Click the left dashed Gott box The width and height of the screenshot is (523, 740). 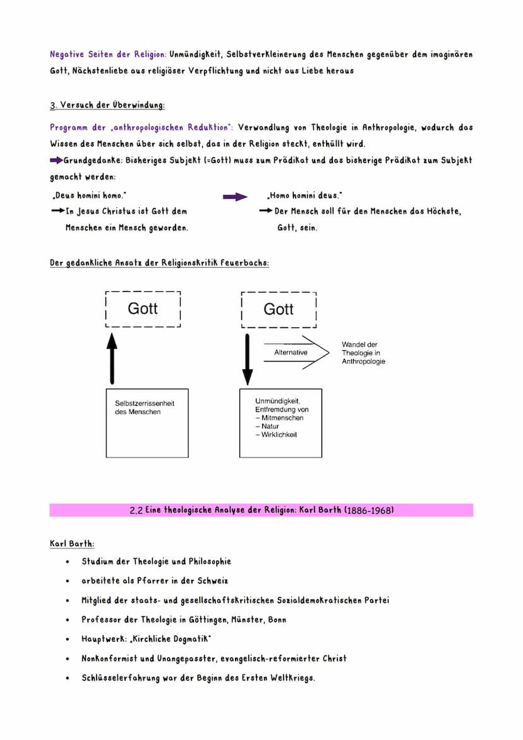tap(143, 309)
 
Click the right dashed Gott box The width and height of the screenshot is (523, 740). tap(279, 310)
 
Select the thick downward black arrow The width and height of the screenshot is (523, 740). tap(248, 359)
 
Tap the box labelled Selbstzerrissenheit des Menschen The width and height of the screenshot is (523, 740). tap(147, 423)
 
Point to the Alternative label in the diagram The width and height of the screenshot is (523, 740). tap(291, 353)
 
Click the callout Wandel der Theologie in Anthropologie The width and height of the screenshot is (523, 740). tap(363, 353)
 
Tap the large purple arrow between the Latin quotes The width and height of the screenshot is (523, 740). tap(236, 197)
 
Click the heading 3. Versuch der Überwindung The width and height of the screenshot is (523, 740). tap(107, 105)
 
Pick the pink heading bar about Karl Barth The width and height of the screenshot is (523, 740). tap(261, 510)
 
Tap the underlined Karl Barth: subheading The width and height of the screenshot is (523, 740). tap(72, 543)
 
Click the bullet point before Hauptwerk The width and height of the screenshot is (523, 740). tap(67, 640)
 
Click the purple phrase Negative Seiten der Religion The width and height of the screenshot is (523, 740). tap(108, 55)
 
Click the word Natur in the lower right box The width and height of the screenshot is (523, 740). tap(270, 427)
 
